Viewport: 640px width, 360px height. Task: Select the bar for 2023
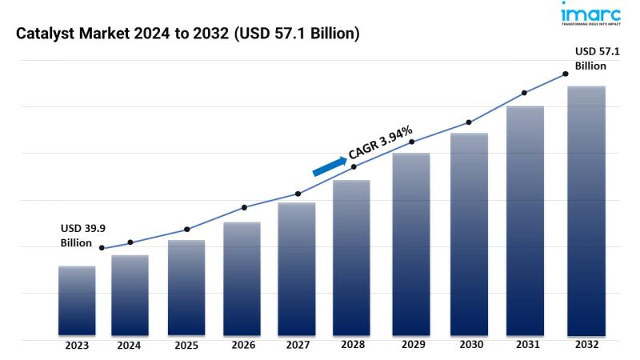77,300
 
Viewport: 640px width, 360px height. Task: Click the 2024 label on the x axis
129,346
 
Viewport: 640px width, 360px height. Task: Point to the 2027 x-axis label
297,346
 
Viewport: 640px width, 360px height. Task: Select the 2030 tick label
469,346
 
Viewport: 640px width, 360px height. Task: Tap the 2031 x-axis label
525,346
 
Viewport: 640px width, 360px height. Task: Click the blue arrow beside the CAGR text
328,164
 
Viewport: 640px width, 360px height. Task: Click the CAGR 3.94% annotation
380,142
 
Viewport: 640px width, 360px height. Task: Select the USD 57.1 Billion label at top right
590,58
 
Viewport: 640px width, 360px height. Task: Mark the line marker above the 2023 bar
102,248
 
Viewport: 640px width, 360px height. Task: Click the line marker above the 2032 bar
566,74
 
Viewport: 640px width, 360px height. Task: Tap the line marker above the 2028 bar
354,166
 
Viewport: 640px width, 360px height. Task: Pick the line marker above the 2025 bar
186,230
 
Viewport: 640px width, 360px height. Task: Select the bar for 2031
525,221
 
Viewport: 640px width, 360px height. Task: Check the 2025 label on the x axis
186,346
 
